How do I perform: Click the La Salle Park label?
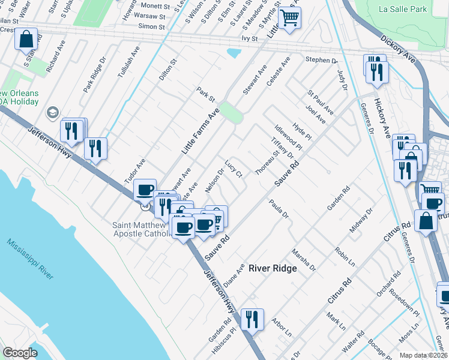403,10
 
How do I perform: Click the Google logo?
20,353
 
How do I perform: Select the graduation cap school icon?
52,113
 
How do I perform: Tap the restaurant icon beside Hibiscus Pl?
251,318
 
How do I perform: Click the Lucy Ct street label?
234,169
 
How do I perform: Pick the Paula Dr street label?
279,209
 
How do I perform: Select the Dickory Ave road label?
398,49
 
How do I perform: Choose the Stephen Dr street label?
322,60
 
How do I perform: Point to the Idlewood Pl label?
289,137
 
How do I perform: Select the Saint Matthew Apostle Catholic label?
141,229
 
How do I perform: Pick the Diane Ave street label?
234,274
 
